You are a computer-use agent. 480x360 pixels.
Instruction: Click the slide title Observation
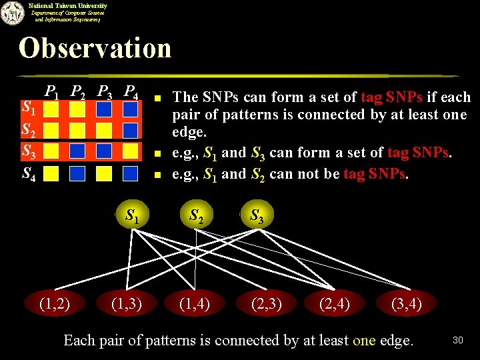pos(95,48)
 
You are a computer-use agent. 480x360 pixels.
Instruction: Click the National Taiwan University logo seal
pos(11,13)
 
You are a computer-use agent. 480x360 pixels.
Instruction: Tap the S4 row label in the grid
pos(29,174)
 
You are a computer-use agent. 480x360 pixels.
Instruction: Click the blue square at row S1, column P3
pos(104,109)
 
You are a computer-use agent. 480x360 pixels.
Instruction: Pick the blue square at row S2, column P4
pos(130,129)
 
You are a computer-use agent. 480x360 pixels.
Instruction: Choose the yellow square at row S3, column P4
pos(130,151)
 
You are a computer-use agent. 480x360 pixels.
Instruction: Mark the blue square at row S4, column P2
pos(77,173)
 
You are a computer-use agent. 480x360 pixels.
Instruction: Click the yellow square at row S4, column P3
pos(104,173)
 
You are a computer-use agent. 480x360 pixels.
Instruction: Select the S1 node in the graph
pos(132,215)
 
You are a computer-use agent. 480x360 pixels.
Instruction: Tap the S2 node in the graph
pos(197,215)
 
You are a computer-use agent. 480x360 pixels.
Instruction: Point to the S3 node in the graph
pos(256,215)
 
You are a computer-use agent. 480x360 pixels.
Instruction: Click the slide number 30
pos(457,341)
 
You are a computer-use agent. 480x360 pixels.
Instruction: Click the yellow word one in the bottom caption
pos(364,341)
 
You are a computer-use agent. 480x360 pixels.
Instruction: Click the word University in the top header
pos(88,5)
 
